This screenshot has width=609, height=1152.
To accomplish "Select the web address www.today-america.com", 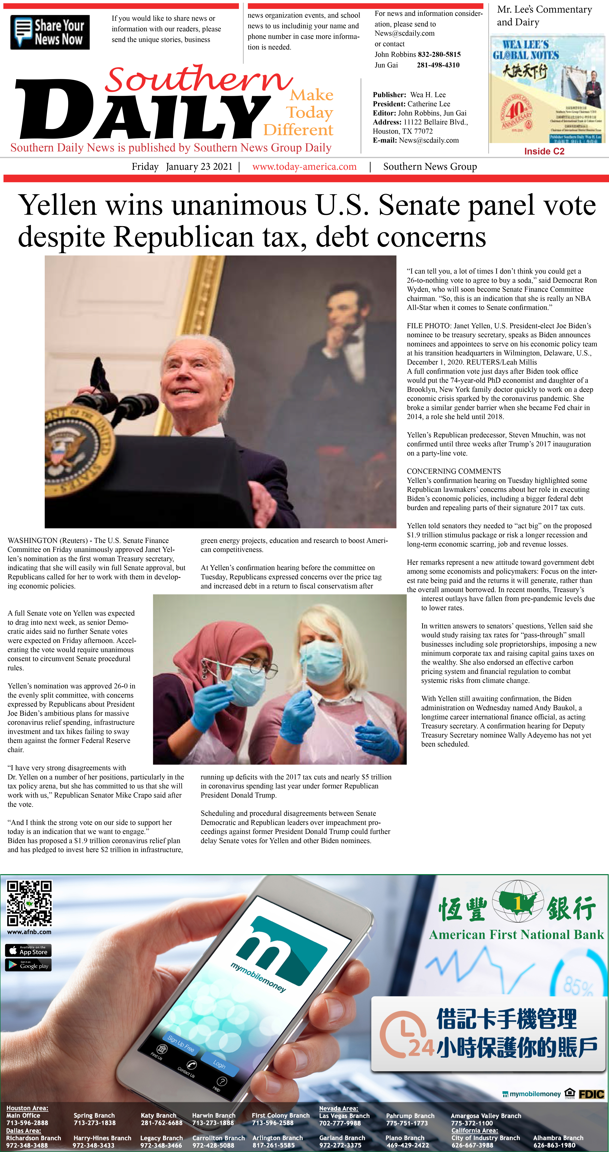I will click(x=304, y=167).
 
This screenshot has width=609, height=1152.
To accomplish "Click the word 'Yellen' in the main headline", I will click(x=57, y=206).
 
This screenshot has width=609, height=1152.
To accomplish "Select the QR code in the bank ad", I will click(x=29, y=903).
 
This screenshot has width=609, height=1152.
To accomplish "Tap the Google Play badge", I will click(x=28, y=965).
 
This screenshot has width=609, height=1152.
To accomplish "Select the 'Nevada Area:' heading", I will click(x=338, y=1108).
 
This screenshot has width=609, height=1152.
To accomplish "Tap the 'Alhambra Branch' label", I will click(x=558, y=1138).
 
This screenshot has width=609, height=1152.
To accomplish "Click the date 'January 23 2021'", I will click(x=199, y=167).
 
